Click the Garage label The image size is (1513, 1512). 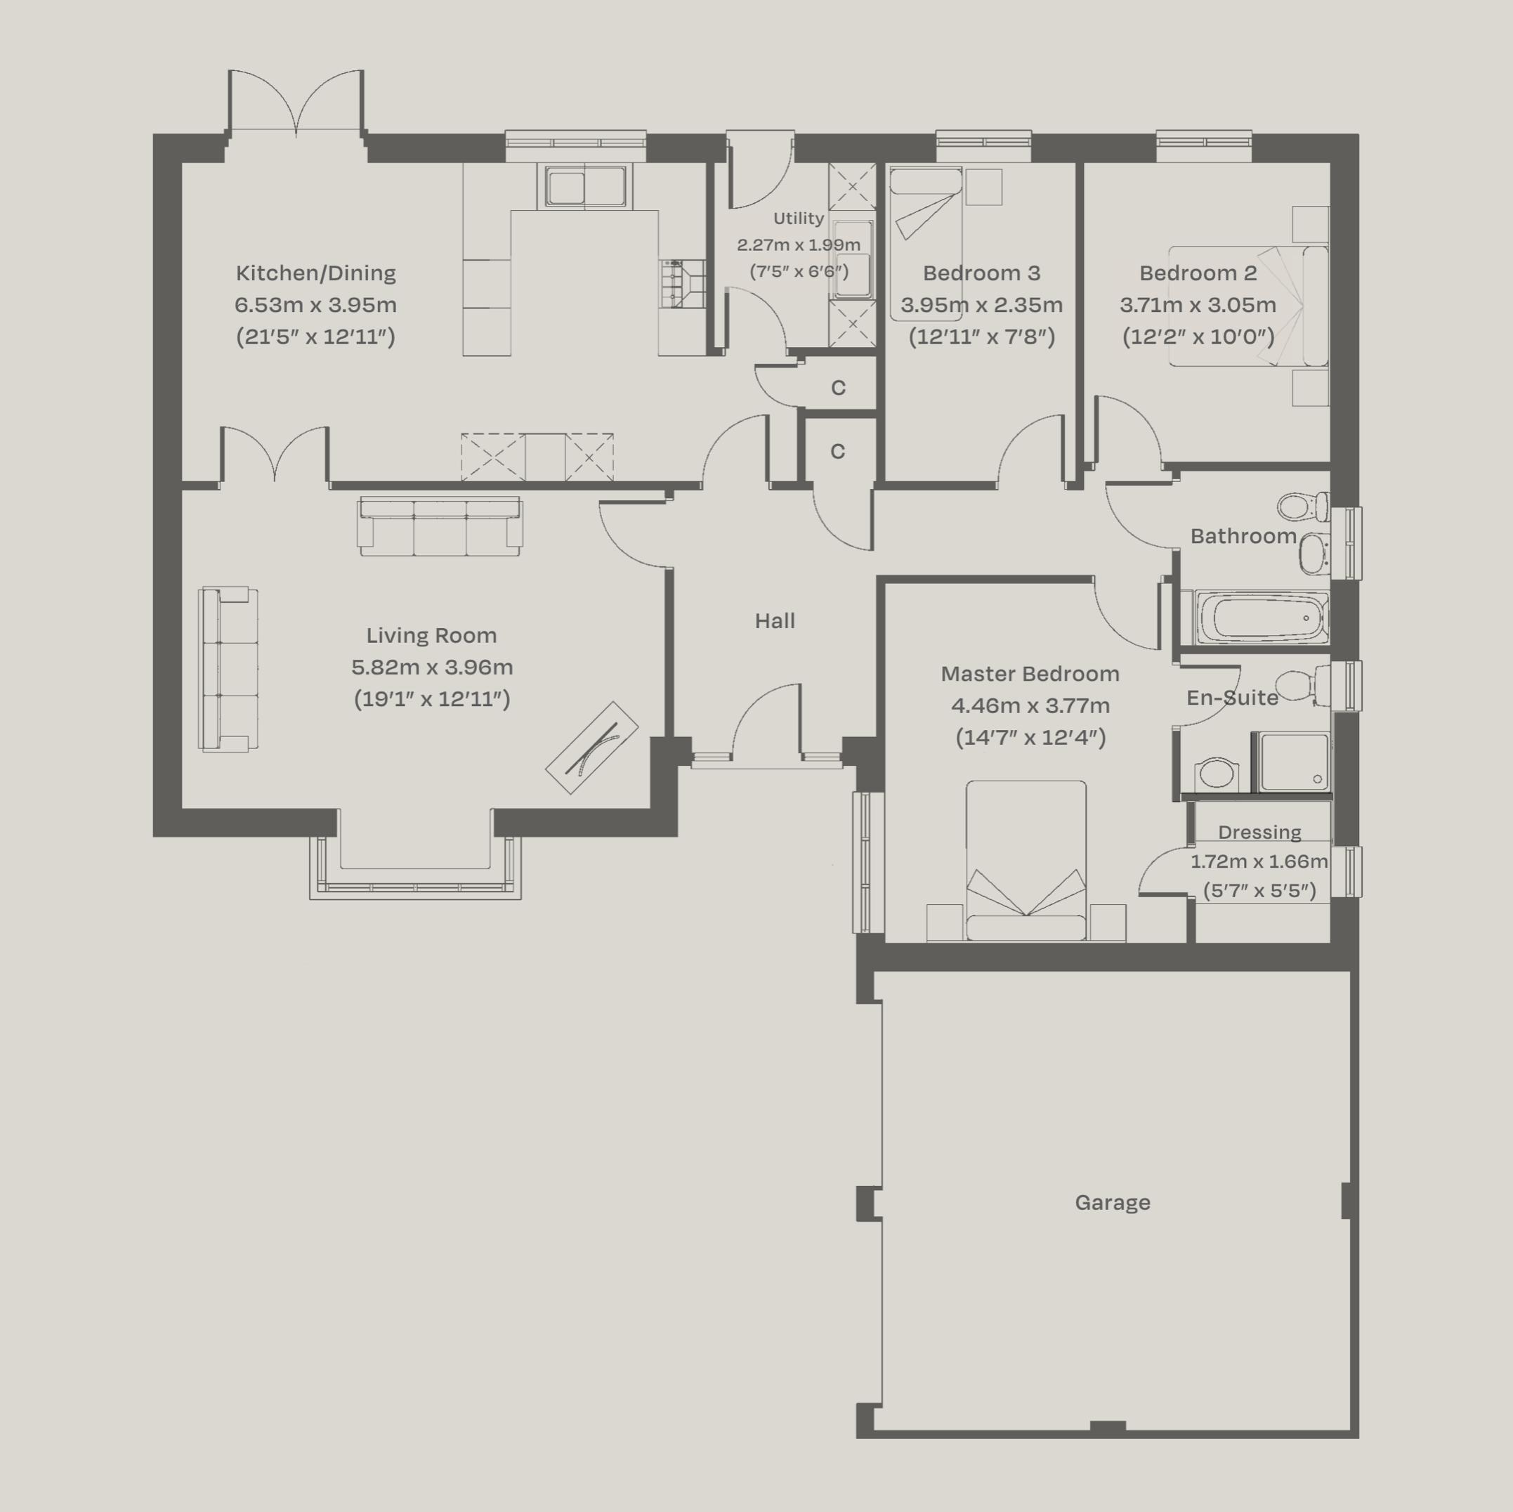click(1112, 1203)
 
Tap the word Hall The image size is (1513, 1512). click(775, 621)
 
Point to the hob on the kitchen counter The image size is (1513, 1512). click(673, 285)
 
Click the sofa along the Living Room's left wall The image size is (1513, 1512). click(227, 669)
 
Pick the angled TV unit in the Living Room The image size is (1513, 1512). click(592, 748)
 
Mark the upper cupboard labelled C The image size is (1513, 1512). click(838, 388)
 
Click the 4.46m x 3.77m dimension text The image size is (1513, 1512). click(1030, 706)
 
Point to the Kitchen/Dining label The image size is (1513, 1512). click(315, 273)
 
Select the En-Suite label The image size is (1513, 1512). click(1232, 698)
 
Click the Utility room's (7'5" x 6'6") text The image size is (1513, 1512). click(799, 272)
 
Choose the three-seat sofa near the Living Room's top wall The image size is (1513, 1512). click(439, 525)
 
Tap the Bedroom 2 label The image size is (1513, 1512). click(1198, 273)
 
